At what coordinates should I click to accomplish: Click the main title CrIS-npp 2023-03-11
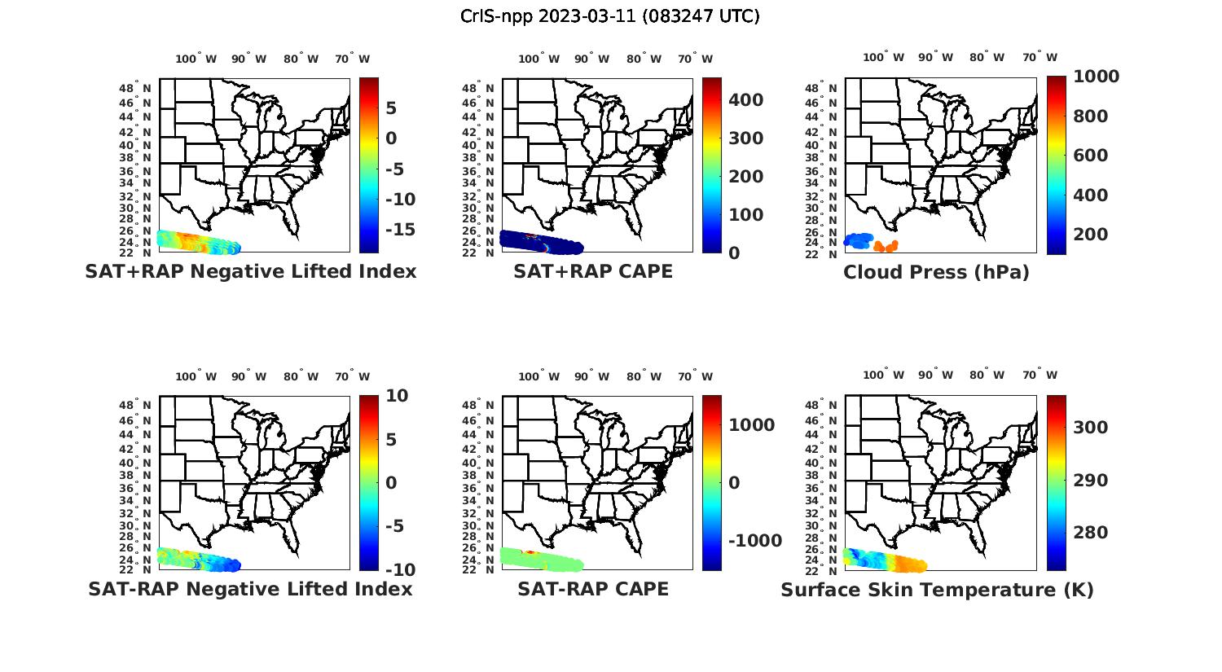coord(609,15)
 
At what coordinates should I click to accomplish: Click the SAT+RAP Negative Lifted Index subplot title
coord(250,271)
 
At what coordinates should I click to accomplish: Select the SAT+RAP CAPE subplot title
coord(593,271)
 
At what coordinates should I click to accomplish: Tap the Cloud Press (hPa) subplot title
coord(936,272)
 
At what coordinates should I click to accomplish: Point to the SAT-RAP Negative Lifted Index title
coord(250,589)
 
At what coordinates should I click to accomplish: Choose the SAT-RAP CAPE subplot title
coord(593,589)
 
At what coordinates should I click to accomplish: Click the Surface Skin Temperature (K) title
coord(937,590)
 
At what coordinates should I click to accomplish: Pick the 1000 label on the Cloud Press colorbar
coord(1096,77)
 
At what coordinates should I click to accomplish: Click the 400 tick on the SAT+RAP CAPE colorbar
coord(745,100)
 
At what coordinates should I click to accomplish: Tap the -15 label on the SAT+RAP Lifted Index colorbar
coord(400,230)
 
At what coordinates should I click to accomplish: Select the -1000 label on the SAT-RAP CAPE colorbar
coord(754,541)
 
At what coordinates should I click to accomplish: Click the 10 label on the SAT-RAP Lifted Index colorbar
coord(398,396)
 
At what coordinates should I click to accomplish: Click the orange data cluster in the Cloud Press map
coord(885,245)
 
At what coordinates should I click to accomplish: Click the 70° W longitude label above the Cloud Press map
coord(1040,57)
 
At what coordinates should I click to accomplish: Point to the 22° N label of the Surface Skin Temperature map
coord(822,570)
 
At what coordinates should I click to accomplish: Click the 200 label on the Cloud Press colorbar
coord(1091,235)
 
